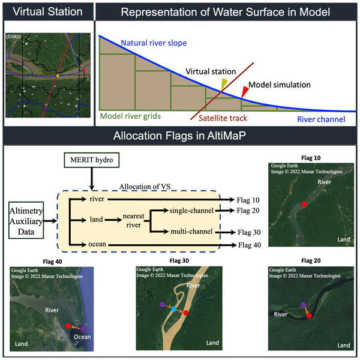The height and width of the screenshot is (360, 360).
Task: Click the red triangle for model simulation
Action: click(x=244, y=91)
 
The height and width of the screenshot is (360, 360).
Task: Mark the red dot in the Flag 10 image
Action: click(x=304, y=205)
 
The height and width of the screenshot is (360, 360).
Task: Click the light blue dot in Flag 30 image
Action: click(x=173, y=310)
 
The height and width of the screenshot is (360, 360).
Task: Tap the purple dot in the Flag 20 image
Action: click(x=304, y=305)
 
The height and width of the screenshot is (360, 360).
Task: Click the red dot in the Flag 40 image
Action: click(x=68, y=326)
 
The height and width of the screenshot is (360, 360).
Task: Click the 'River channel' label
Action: click(x=321, y=119)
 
